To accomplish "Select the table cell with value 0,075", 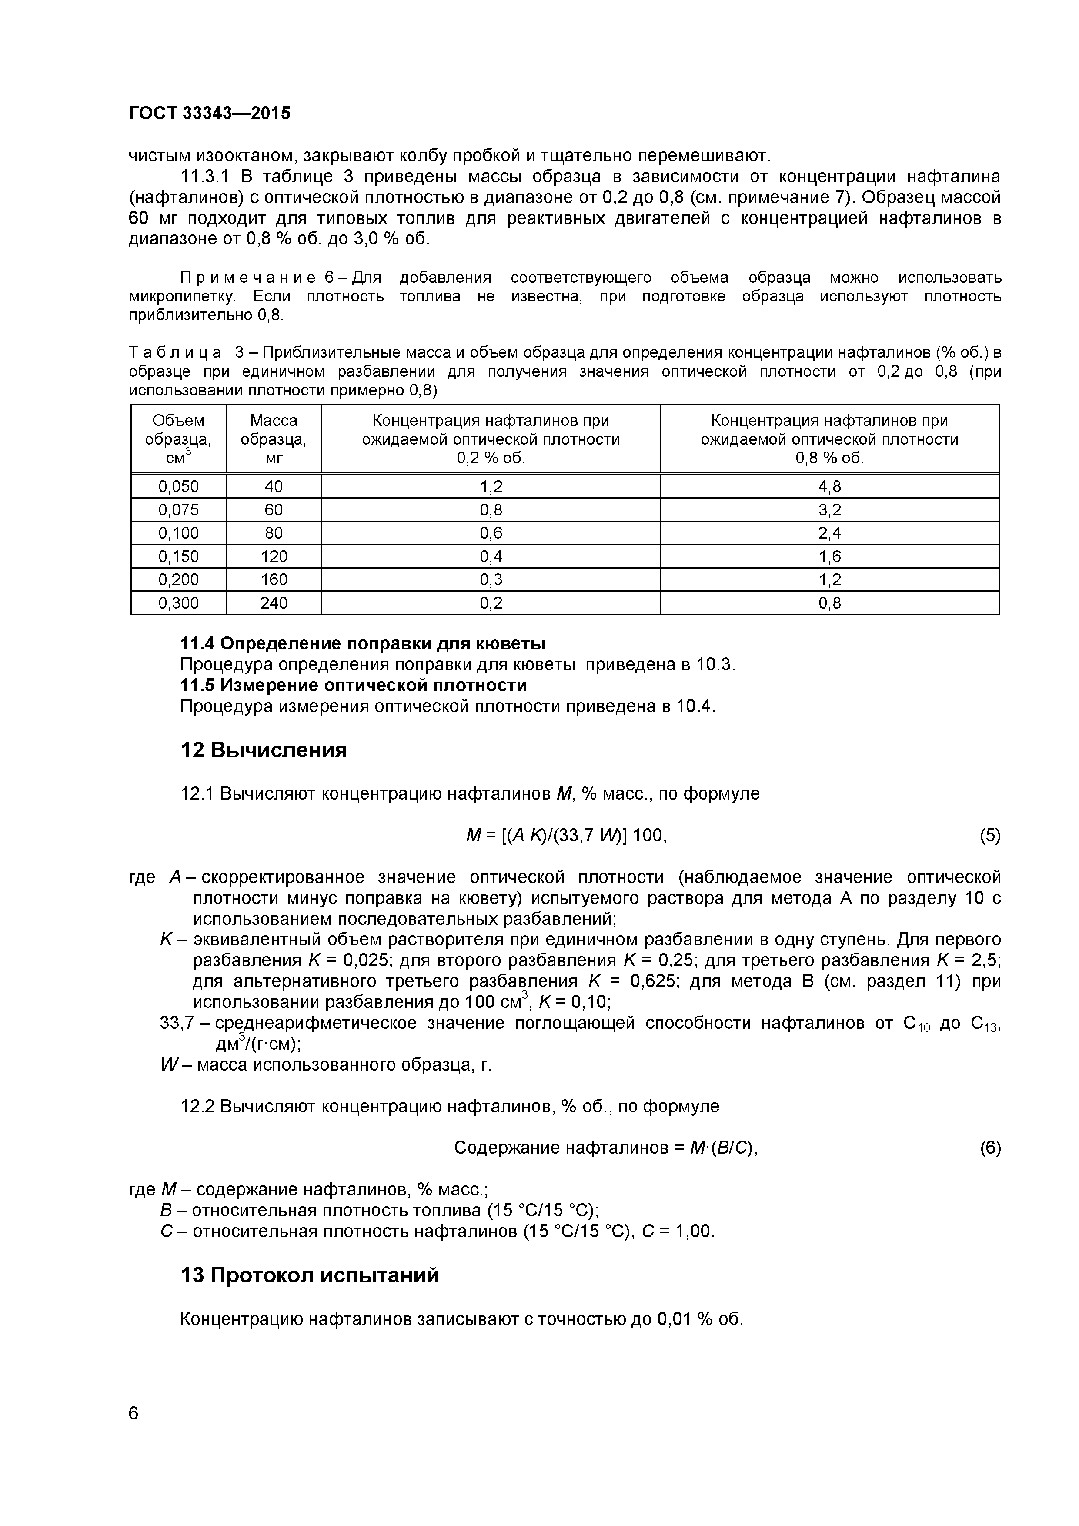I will pyautogui.click(x=178, y=510).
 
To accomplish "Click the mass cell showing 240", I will pyautogui.click(x=274, y=603).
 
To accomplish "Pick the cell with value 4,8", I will pyautogui.click(x=829, y=486).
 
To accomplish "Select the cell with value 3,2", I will pyautogui.click(x=829, y=510).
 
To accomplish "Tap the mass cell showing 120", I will pyautogui.click(x=274, y=556).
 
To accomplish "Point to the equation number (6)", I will pyautogui.click(x=989, y=1148).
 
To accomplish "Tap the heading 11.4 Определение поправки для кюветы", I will pyautogui.click(x=363, y=643).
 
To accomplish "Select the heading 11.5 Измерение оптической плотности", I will pyautogui.click(x=354, y=685).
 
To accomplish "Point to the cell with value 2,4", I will pyautogui.click(x=829, y=533).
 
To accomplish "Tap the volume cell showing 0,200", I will pyautogui.click(x=178, y=579).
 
